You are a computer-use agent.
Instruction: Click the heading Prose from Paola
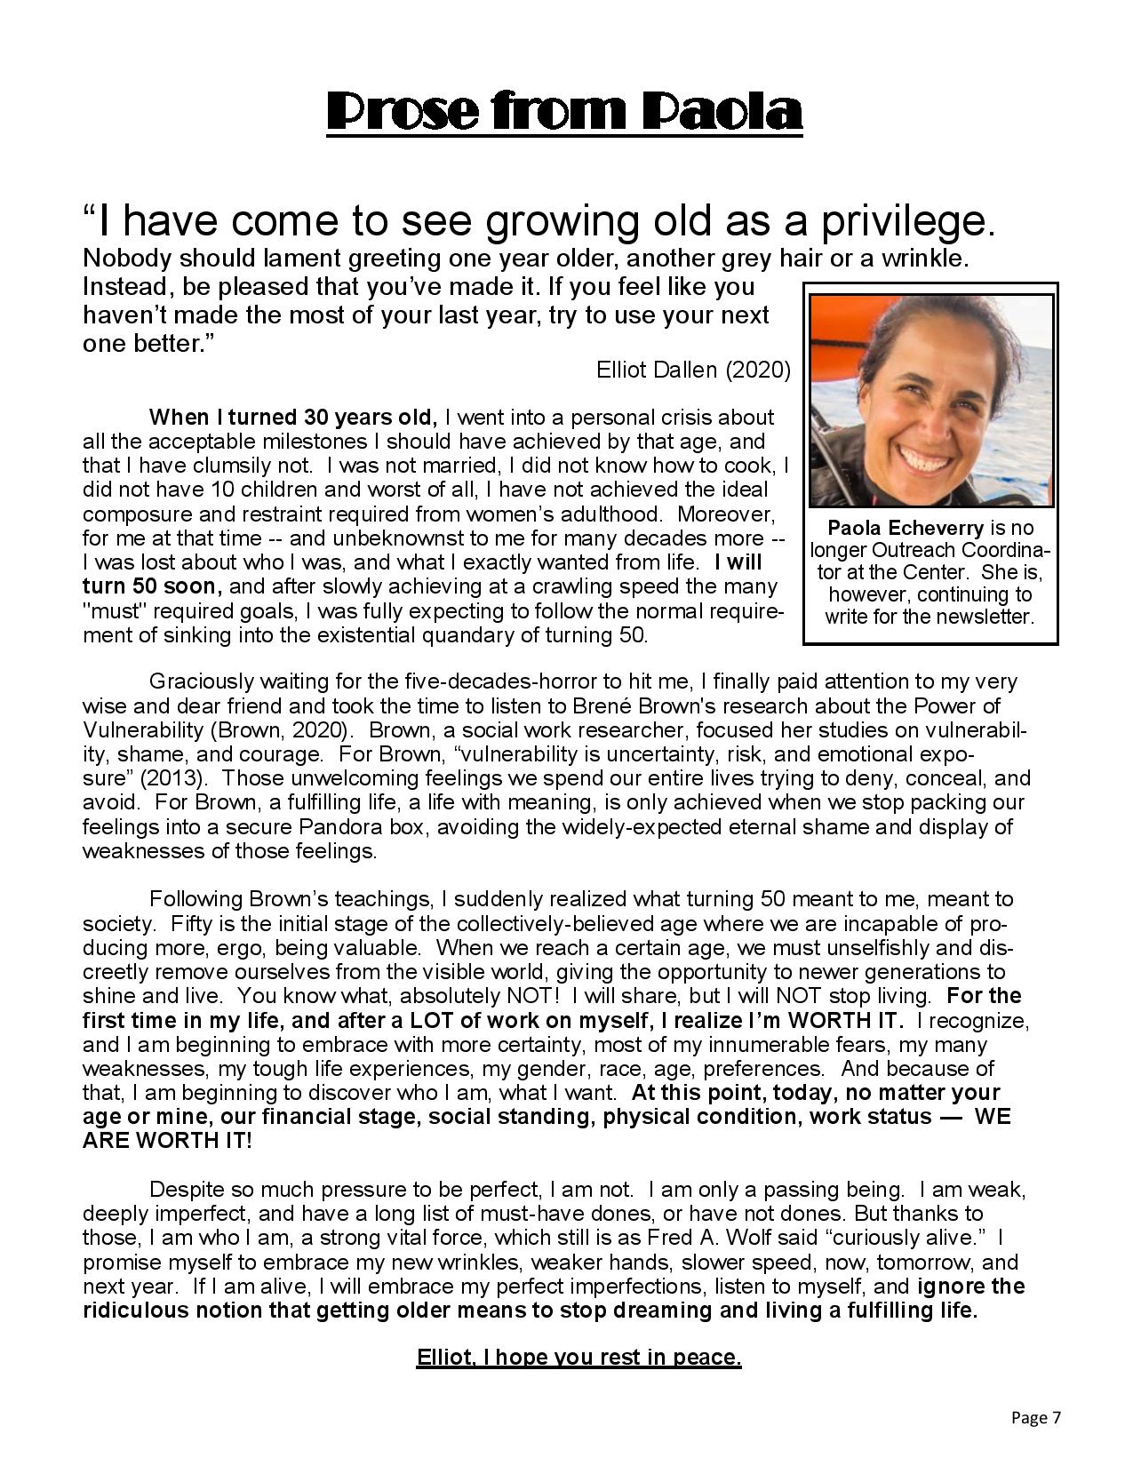[565, 111]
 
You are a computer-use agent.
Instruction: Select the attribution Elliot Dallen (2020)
[693, 370]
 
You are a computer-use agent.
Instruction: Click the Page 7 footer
[1036, 1418]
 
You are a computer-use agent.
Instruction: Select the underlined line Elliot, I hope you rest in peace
[578, 1358]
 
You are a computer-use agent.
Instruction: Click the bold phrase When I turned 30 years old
[293, 418]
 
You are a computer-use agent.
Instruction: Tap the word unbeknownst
[405, 538]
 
